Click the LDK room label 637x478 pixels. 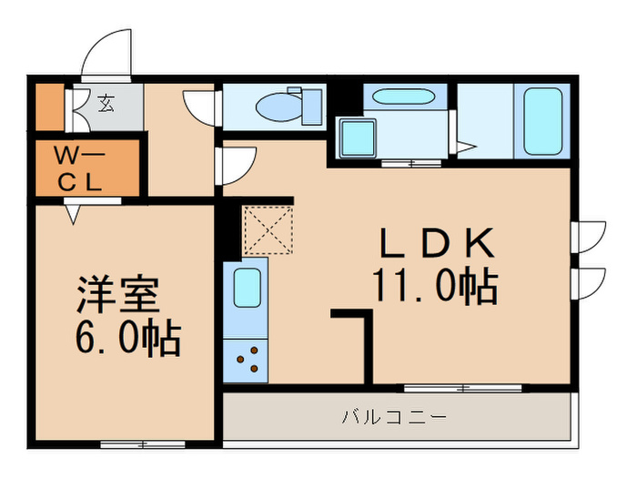coord(437,243)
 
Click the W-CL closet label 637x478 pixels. coord(83,168)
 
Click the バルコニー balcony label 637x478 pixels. coord(394,418)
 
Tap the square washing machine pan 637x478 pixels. coord(358,138)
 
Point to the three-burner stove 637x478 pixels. coord(247,361)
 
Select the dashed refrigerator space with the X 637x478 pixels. coord(265,229)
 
